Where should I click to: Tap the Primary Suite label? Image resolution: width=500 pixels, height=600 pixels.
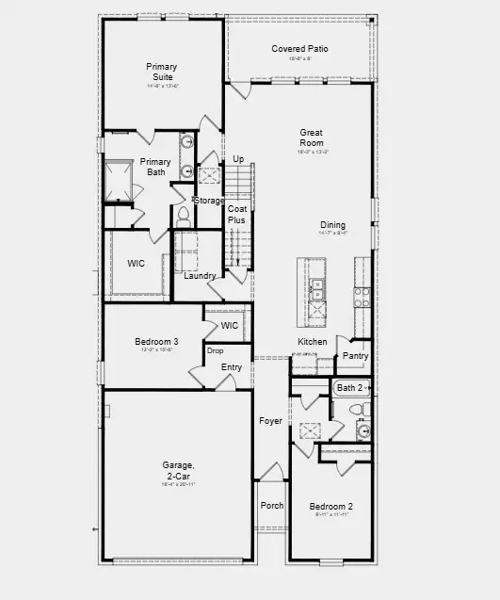[162, 72]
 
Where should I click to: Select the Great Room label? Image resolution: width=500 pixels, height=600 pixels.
[313, 138]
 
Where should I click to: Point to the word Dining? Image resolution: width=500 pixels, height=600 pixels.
[332, 225]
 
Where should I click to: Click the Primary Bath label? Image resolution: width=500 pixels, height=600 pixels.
[155, 167]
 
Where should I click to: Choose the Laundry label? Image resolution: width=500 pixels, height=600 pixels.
[200, 275]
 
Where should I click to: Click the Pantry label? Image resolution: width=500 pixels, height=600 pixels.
[355, 356]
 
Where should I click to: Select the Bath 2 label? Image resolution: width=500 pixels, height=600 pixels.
[349, 387]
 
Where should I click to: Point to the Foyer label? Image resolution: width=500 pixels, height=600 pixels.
[271, 421]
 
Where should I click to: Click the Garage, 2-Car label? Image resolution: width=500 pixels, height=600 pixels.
[177, 470]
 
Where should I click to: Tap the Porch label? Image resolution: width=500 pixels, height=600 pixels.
[272, 506]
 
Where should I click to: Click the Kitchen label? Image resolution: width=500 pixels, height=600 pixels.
[313, 341]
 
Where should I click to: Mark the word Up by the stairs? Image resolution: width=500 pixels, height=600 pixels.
[238, 159]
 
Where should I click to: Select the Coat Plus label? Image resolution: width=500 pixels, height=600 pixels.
[236, 214]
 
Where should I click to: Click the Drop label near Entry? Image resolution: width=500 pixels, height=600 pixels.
[216, 350]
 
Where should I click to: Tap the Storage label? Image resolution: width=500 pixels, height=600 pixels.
[209, 201]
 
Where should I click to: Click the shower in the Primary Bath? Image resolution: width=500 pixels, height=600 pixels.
[121, 181]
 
